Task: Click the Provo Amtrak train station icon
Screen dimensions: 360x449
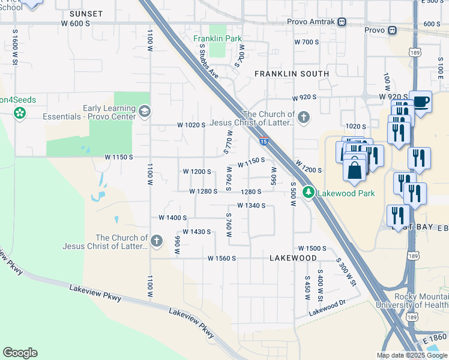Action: pyautogui.click(x=342, y=22)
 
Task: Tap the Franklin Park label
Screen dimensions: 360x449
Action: pyautogui.click(x=217, y=39)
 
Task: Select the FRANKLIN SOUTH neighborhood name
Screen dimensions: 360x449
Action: pyautogui.click(x=292, y=73)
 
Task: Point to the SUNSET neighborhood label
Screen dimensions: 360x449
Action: pyautogui.click(x=86, y=13)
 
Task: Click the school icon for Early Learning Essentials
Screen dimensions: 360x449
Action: pyautogui.click(x=145, y=111)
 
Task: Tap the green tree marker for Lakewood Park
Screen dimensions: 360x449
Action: pyautogui.click(x=308, y=193)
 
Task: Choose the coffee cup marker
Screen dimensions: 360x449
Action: pyautogui.click(x=420, y=101)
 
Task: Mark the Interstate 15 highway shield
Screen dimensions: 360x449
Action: pyautogui.click(x=264, y=141)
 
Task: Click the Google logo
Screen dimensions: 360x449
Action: pyautogui.click(x=20, y=353)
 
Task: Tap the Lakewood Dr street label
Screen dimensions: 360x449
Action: pyautogui.click(x=328, y=308)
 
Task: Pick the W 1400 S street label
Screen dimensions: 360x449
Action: pyautogui.click(x=173, y=218)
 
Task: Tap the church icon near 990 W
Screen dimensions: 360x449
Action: pyautogui.click(x=157, y=241)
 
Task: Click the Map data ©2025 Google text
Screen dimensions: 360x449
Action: pyautogui.click(x=412, y=355)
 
